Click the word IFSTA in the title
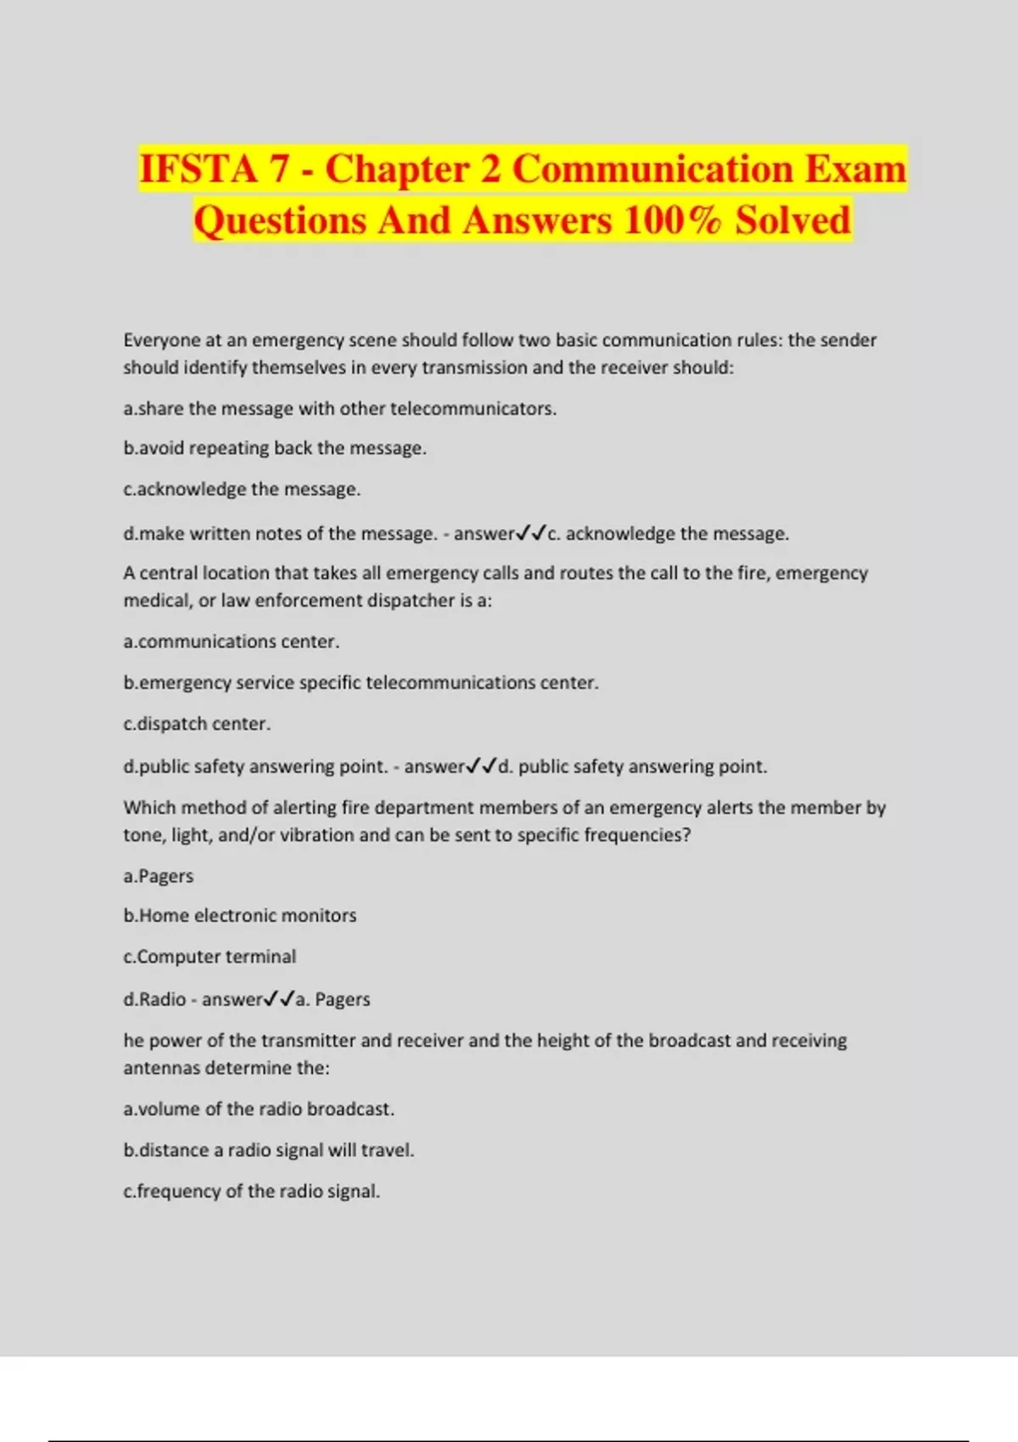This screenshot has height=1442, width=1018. tap(197, 168)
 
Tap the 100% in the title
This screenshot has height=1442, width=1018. tap(672, 221)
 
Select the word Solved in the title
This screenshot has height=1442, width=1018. tap(792, 221)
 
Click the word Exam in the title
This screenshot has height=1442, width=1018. tap(855, 168)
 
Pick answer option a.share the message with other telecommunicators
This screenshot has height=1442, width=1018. tap(339, 409)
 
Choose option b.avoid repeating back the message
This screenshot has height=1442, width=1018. tap(274, 448)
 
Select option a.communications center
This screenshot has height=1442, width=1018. tap(231, 642)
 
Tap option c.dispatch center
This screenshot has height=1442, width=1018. tap(197, 724)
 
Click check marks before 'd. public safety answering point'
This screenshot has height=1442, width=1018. tap(481, 767)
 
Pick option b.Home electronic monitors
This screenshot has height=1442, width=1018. tap(239, 916)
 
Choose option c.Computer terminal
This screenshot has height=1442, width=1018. tap(210, 957)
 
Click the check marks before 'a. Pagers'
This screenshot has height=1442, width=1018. tap(279, 999)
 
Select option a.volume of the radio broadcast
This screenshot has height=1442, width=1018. tap(259, 1109)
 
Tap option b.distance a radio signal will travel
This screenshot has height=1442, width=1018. tap(268, 1151)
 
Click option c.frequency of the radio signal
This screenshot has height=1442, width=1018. tap(251, 1192)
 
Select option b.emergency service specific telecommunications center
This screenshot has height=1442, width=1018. tap(361, 683)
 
